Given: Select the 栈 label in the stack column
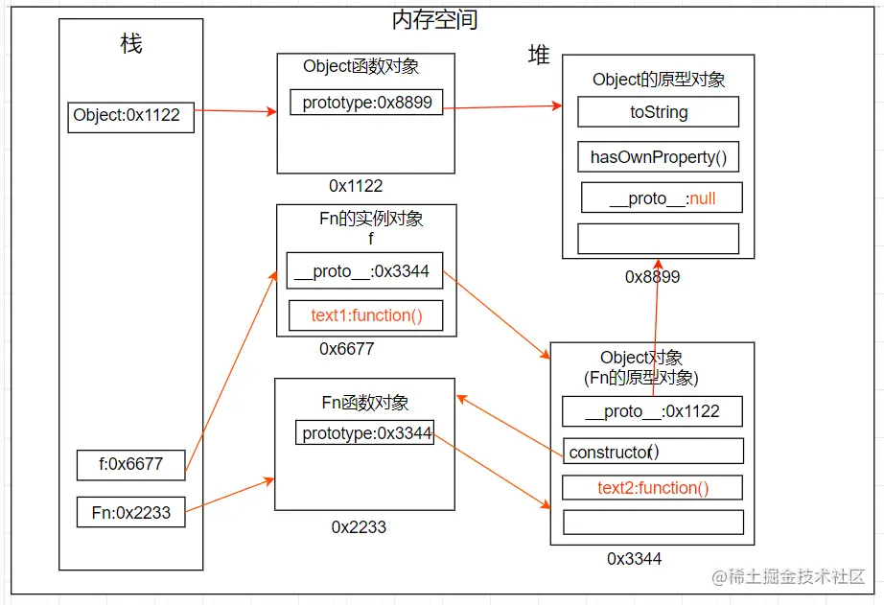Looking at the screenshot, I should [x=131, y=44].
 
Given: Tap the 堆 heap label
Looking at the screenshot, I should [x=539, y=56].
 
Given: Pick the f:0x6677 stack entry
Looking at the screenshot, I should [x=131, y=465].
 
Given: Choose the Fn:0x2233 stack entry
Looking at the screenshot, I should [x=131, y=512].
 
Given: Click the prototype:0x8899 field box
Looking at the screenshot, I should [x=366, y=103].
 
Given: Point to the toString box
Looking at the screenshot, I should [x=658, y=112].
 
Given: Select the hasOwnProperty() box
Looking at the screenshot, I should [x=658, y=157].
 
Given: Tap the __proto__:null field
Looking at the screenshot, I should [x=662, y=198].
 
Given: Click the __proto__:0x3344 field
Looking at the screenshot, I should [x=364, y=271].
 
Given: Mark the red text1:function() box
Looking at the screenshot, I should [x=365, y=315].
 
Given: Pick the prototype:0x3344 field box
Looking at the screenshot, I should [x=364, y=433].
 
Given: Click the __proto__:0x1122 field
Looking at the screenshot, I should [x=652, y=411].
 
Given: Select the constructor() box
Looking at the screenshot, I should [x=653, y=452].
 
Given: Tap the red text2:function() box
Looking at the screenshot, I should [x=653, y=488].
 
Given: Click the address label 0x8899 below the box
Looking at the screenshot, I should [x=652, y=277].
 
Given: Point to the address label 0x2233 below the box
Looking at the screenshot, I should [x=359, y=526].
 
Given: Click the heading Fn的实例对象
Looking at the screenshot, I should [x=370, y=219].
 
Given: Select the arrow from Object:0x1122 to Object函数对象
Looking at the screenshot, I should [x=235, y=111].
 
